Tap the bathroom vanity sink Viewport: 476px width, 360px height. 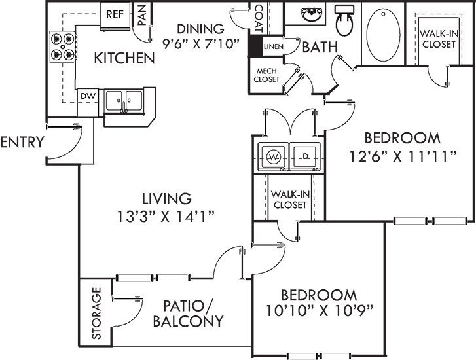point(308,14)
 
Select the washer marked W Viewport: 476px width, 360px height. point(274,156)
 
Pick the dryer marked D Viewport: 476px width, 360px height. point(304,156)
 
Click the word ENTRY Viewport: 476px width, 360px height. point(22,143)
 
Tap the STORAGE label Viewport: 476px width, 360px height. point(96,314)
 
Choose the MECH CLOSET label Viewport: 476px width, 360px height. point(267,75)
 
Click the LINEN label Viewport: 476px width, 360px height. point(272,47)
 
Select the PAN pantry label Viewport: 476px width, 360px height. point(141,14)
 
